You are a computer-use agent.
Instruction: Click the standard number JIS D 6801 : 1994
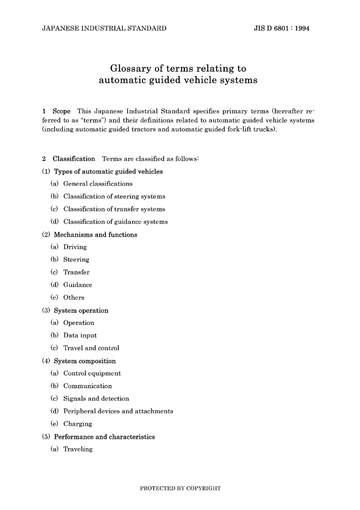point(282,28)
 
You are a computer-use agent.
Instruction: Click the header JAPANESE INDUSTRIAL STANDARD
point(104,28)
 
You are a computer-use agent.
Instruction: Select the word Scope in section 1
point(61,111)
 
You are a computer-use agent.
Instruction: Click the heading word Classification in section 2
point(74,159)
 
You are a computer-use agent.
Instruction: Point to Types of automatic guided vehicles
point(108,171)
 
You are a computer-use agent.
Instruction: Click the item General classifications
point(98,184)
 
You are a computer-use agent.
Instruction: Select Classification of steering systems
point(114,196)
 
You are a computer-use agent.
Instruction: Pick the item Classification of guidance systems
point(115,222)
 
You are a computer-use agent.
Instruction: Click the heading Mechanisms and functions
point(95,235)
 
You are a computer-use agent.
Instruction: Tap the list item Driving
point(75,247)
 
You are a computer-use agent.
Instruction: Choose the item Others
point(74,298)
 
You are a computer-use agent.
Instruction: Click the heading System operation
point(81,311)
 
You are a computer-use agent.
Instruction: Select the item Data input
point(80,336)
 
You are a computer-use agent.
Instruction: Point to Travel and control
point(91,348)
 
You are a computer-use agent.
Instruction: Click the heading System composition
point(85,361)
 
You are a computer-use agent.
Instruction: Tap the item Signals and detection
point(96,399)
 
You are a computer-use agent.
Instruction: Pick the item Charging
point(77,424)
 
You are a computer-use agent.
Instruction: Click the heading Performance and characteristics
point(104,437)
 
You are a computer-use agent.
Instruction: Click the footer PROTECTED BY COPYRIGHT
point(180,488)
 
